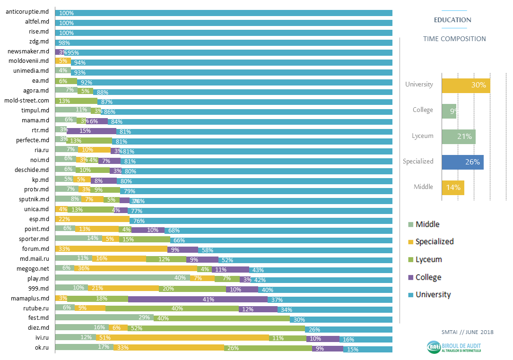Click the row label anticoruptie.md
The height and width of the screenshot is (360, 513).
point(27,11)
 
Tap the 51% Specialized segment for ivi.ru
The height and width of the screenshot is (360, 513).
point(183,338)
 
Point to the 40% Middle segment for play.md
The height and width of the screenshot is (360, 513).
point(122,278)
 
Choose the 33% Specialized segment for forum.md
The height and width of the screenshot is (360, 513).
point(111,249)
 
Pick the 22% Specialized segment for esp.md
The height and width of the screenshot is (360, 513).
point(92,220)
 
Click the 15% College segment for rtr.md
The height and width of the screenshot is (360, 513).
point(91,131)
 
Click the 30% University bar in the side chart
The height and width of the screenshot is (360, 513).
point(466,85)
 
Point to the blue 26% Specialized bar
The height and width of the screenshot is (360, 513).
point(462,162)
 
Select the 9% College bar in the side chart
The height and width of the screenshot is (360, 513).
point(449,111)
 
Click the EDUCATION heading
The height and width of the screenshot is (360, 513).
point(452,20)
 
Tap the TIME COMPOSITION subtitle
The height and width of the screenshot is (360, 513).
point(454,39)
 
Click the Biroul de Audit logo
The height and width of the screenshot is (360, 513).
point(454,347)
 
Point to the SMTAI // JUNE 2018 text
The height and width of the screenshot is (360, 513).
point(464,332)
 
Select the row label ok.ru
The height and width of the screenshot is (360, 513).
point(41,348)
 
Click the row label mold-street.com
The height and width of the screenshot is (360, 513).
point(26,100)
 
